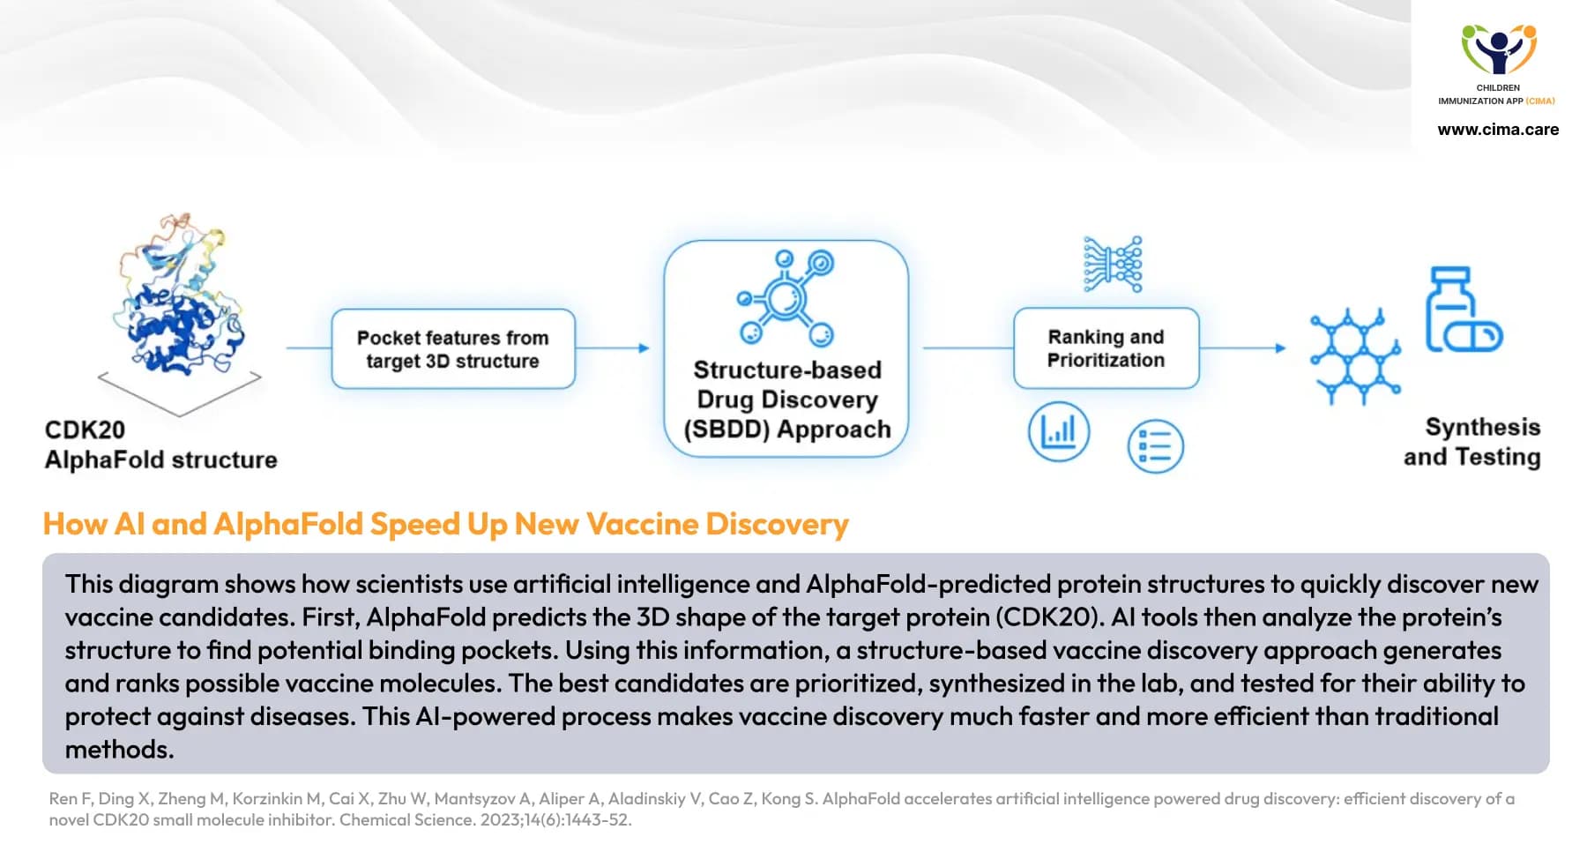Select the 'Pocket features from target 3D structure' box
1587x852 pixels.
tap(452, 349)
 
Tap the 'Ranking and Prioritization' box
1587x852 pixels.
tap(1106, 348)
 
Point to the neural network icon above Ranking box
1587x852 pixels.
tap(1113, 264)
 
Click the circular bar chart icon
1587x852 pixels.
tap(1059, 432)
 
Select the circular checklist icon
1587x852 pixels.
tap(1155, 446)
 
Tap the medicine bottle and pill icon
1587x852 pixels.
tap(1461, 310)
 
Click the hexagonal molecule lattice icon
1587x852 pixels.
tap(1354, 355)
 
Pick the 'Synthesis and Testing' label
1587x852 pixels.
tap(1472, 442)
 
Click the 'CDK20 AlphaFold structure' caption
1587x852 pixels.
tap(160, 445)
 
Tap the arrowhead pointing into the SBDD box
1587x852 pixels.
tap(644, 348)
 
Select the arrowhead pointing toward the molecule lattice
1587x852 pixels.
tap(1280, 348)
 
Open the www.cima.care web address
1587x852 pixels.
tap(1498, 130)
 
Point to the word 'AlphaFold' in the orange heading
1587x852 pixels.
tap(287, 524)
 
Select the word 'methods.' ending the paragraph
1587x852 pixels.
tap(120, 750)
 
